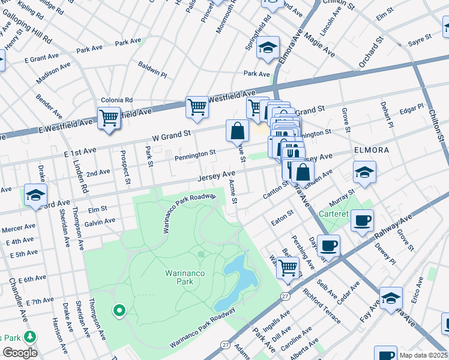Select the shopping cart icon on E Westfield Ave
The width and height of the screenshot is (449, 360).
[x=109, y=118]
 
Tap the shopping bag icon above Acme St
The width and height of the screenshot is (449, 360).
[x=238, y=130]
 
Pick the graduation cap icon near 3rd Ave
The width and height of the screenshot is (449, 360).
[x=35, y=194]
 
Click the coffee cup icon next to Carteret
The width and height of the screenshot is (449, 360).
[x=362, y=220]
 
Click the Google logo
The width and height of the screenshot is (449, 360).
[x=20, y=352]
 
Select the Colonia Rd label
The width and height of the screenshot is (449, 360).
[x=116, y=100]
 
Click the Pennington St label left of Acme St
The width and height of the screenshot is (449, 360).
[x=195, y=155]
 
